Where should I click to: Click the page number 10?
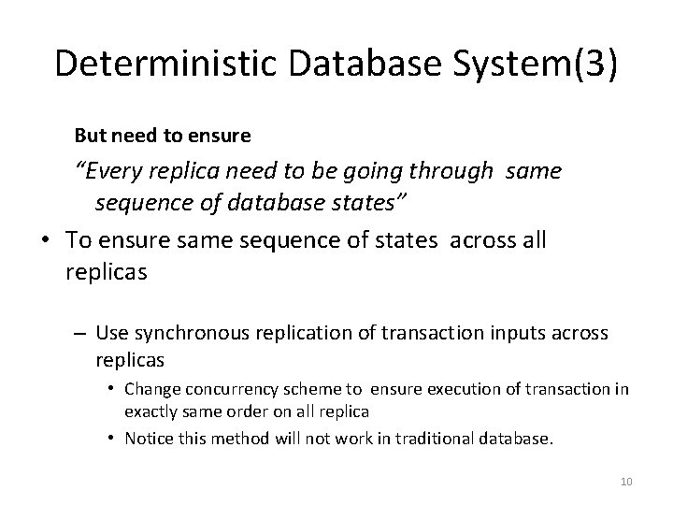point(626,482)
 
